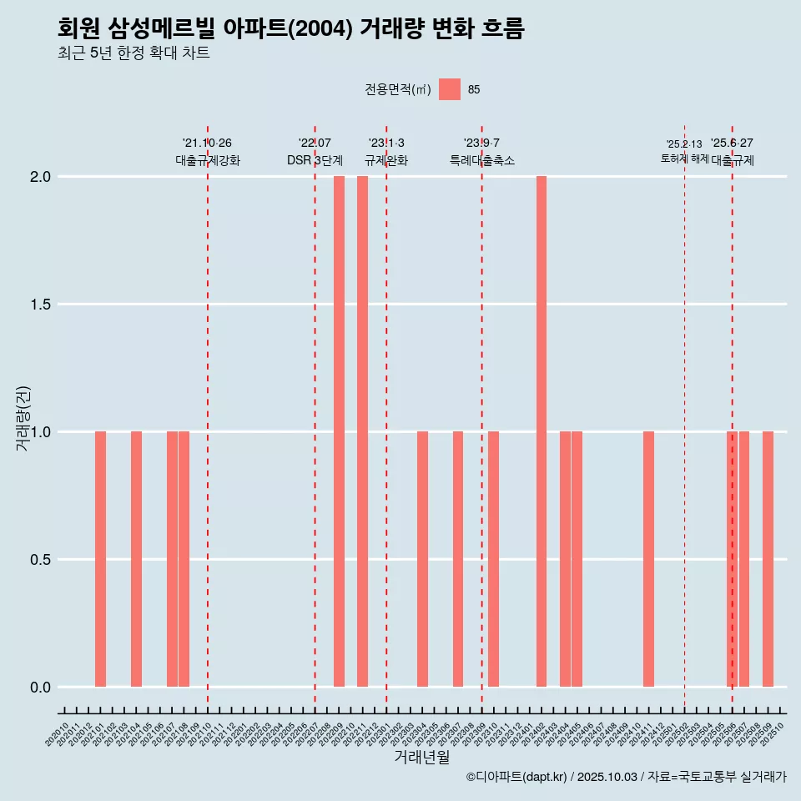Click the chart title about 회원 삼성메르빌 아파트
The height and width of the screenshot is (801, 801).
[x=291, y=28]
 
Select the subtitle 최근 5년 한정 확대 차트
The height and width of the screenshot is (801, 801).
[x=133, y=53]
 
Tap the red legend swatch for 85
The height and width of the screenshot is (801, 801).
[x=450, y=89]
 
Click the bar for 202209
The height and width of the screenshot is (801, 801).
[x=339, y=431]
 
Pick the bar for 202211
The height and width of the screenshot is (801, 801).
[x=362, y=431]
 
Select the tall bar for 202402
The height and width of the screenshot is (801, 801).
[x=542, y=431]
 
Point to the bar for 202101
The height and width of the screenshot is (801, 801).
[x=100, y=559]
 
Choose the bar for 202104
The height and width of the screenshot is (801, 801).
[x=136, y=559]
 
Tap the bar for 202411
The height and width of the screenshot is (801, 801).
[x=648, y=559]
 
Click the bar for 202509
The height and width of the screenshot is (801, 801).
[x=768, y=559]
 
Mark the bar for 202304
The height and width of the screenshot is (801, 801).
[x=422, y=559]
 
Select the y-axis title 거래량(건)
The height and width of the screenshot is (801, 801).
[x=23, y=418]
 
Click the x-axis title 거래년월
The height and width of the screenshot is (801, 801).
[x=421, y=758]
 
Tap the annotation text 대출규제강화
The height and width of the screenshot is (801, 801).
[x=208, y=160]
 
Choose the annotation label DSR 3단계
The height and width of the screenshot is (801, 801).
[x=315, y=160]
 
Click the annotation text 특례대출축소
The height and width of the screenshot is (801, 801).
[x=481, y=160]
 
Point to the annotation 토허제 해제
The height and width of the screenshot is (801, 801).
[x=684, y=159]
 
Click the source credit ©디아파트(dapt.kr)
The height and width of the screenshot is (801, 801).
[x=516, y=777]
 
